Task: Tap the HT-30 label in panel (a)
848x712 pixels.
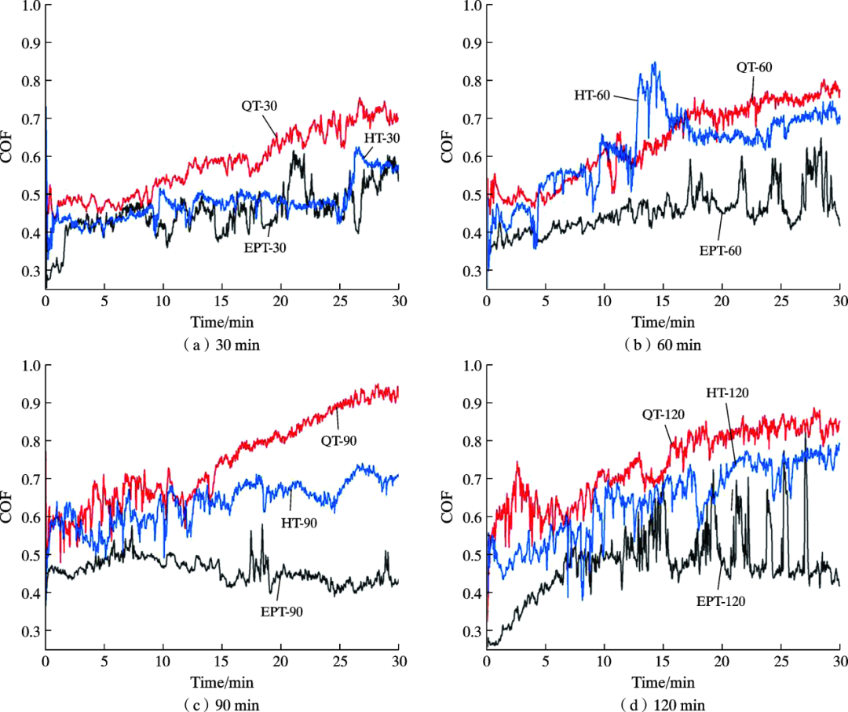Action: coord(382,137)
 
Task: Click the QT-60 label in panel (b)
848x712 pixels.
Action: coord(754,68)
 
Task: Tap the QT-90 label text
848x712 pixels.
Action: coord(338,440)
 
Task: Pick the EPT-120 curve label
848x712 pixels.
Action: coord(721,601)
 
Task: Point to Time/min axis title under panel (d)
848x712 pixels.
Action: coord(664,681)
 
